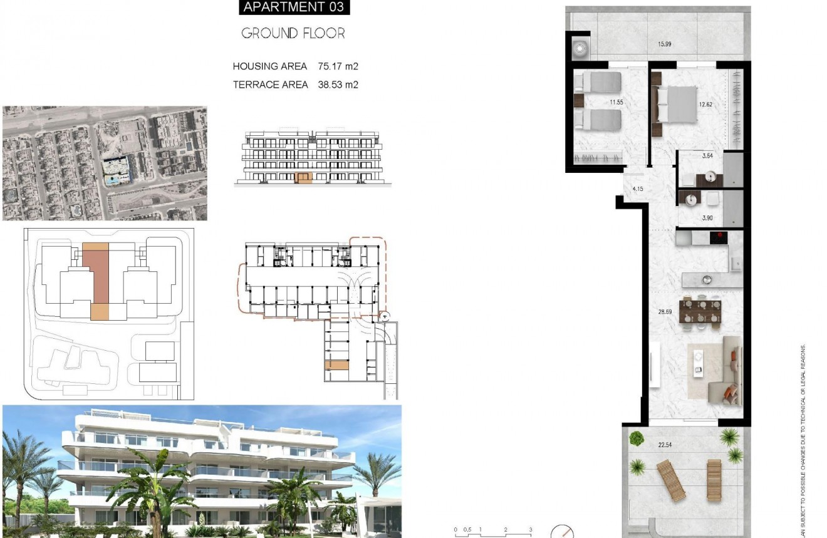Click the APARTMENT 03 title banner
point(293,8)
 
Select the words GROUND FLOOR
point(293,33)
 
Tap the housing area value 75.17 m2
point(338,66)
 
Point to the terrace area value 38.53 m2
point(338,85)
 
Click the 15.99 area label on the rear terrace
point(666,44)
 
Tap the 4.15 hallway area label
point(638,189)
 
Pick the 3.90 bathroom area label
point(707,218)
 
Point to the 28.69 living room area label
point(665,311)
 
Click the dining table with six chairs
point(700,311)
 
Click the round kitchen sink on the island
point(707,279)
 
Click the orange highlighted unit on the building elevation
point(303,178)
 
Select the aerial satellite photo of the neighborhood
point(105,163)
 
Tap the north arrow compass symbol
point(561,532)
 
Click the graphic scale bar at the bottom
point(492,533)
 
